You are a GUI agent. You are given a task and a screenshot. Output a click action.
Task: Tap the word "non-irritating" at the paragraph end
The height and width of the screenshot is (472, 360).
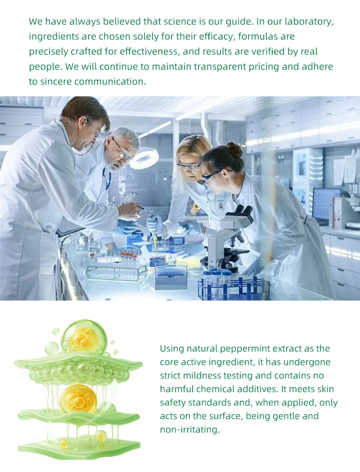[189, 430]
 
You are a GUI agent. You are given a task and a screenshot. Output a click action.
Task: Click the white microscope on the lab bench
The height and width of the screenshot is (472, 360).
[229, 238]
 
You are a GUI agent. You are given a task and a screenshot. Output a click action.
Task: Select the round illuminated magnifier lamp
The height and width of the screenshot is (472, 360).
[145, 158]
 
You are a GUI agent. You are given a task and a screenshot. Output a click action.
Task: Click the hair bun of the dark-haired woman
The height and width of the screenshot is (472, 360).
[234, 149]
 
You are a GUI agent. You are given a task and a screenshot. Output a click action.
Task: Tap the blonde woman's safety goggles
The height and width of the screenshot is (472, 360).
[189, 166]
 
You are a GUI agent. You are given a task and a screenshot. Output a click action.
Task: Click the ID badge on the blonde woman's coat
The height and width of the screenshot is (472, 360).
[220, 206]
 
